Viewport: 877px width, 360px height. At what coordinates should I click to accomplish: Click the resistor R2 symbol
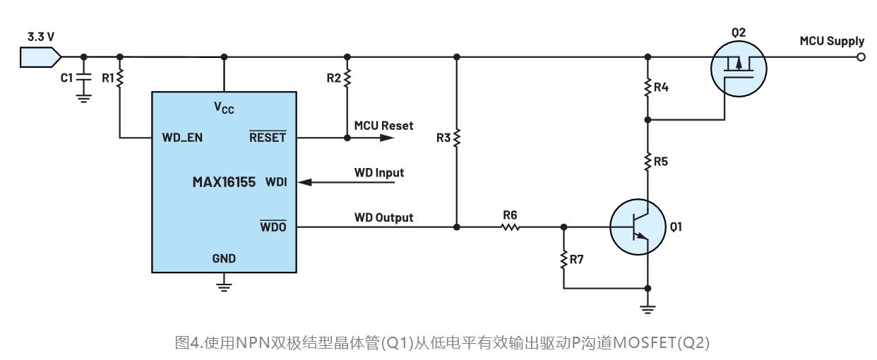click(x=347, y=78)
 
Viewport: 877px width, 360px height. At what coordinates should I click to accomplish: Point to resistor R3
click(x=457, y=137)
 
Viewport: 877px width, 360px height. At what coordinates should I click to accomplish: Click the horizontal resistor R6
click(x=510, y=227)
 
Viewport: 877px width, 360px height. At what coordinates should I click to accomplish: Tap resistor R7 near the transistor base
click(x=563, y=260)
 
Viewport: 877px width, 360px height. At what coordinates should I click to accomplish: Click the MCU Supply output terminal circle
click(x=860, y=57)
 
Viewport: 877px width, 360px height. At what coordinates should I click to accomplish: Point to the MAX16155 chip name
click(x=224, y=182)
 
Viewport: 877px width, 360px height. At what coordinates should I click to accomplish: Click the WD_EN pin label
click(x=182, y=138)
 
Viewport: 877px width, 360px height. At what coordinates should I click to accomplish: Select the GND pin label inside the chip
click(x=224, y=258)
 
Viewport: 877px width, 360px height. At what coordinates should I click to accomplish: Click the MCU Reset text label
click(x=383, y=126)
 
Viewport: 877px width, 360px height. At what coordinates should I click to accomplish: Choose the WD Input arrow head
click(x=304, y=182)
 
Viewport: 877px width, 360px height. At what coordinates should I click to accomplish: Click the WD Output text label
click(x=383, y=217)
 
